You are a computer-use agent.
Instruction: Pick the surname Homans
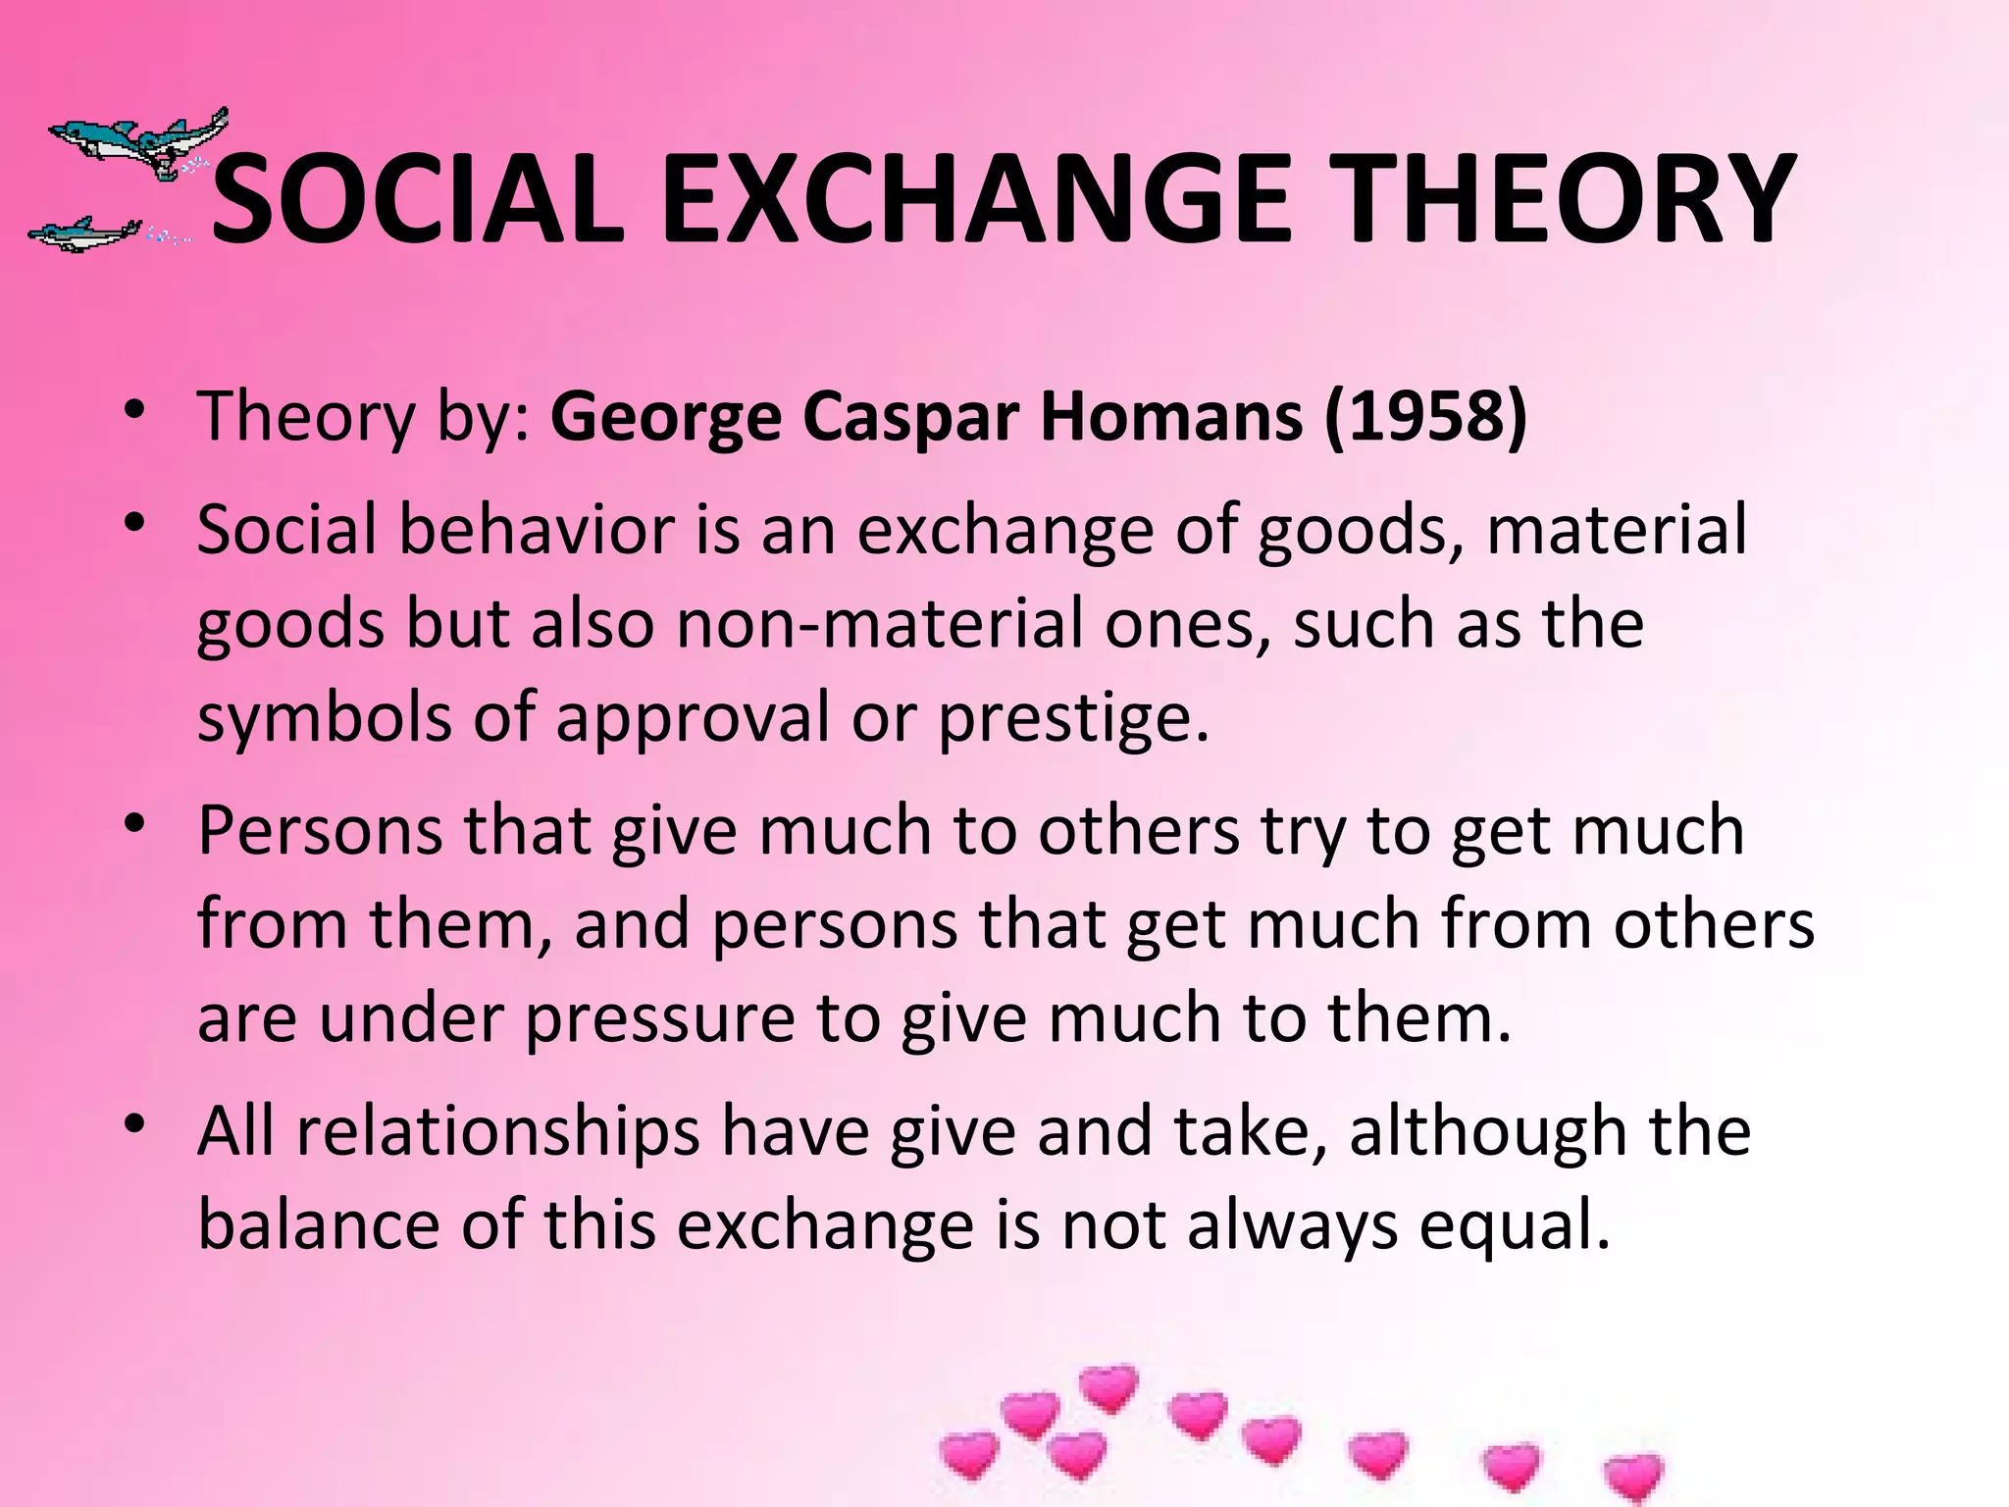tap(1171, 417)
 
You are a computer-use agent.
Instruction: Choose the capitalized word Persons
tap(320, 831)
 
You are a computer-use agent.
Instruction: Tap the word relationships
tap(498, 1131)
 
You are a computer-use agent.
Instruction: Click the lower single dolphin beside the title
tap(83, 234)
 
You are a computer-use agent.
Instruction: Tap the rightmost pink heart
tap(1634, 1478)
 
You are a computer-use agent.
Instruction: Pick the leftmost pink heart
tap(969, 1454)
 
